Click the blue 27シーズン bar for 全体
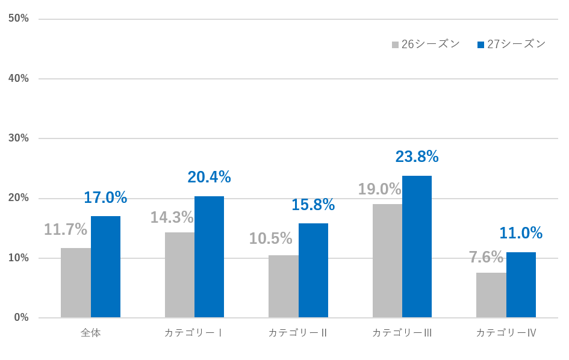coord(105,267)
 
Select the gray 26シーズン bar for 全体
coord(76,283)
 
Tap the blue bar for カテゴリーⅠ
coord(210,257)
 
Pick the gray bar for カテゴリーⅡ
coord(284,287)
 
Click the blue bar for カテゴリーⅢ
coord(417,247)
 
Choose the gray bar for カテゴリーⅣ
coord(491,295)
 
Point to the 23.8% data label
coord(417,157)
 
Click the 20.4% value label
coord(209,177)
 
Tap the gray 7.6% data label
coord(486,257)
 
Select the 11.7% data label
coord(66,229)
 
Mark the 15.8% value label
coord(313,205)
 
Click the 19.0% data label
coord(379,189)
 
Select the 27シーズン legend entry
coord(511,45)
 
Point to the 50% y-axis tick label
coord(19,19)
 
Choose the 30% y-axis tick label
coord(19,138)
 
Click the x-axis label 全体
coord(90,333)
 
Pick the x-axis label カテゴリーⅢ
coord(402,333)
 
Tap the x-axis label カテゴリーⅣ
coord(506,333)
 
